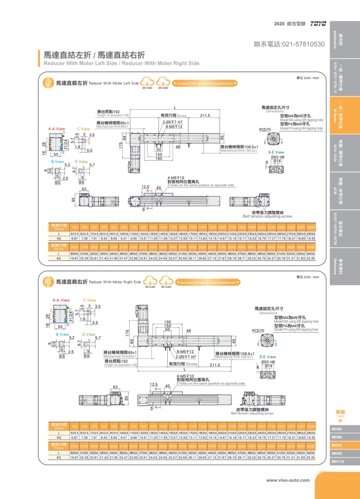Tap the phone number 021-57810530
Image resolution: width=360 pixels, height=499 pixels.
pyautogui.click(x=289, y=44)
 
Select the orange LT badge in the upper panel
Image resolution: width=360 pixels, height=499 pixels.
pyautogui.click(x=48, y=83)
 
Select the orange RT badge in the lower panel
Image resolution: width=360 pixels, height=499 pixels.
pyautogui.click(x=48, y=282)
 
